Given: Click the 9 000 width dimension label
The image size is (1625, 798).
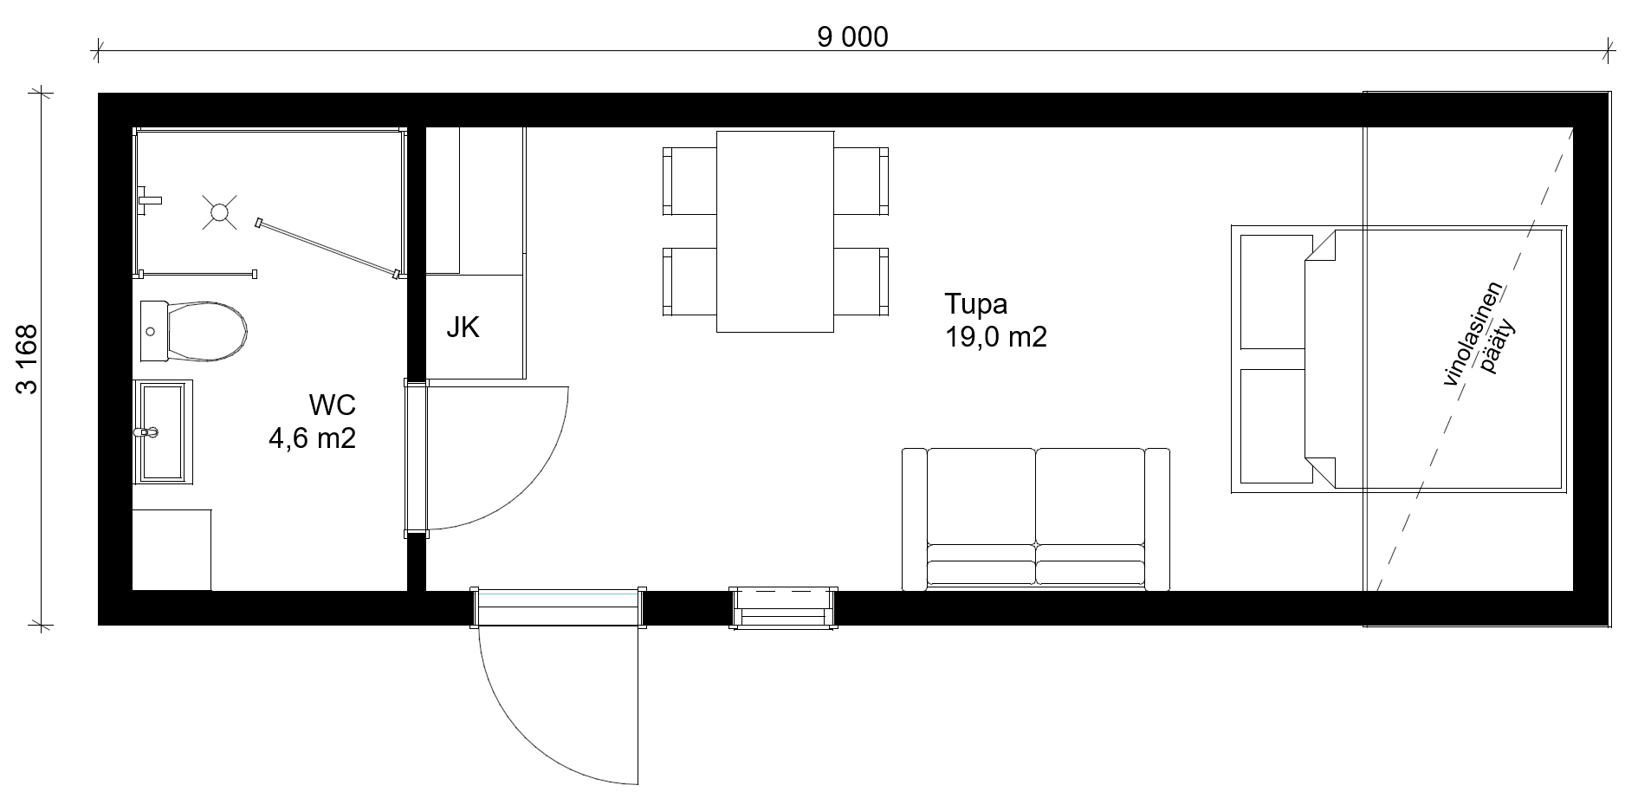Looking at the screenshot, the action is point(852,37).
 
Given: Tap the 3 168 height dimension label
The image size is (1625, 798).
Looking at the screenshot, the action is point(27,359).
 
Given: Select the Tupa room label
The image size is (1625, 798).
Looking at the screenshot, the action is point(975,304).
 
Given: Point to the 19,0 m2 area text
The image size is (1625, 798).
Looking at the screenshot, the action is point(996,336).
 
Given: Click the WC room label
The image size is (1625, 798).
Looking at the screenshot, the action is point(332,405).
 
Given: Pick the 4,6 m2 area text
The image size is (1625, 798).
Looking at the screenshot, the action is point(312,438).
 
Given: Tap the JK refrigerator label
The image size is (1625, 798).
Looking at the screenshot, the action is point(463,328).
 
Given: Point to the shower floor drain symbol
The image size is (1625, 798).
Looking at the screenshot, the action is point(220,211).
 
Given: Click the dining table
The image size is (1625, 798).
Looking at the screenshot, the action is point(775,231).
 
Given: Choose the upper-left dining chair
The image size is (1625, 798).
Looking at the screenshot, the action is point(689,181).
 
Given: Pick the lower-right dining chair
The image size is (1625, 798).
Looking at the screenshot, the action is point(861,282).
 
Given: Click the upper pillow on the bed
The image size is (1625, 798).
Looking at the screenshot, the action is point(1272,290).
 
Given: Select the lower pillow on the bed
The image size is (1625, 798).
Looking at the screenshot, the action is point(1272,426).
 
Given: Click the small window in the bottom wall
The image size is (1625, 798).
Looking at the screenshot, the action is point(784,607).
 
